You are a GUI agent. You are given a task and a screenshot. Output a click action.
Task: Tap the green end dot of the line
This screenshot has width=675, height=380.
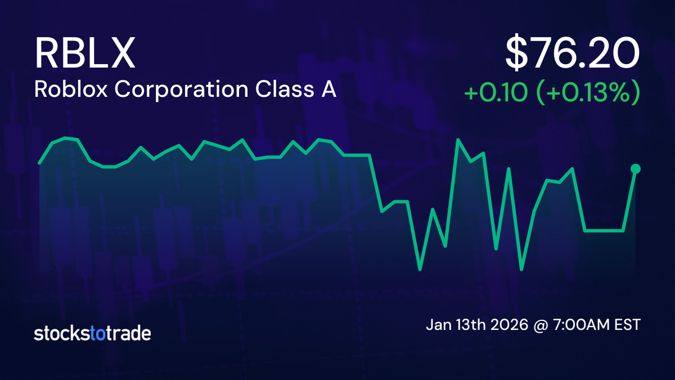point(636,168)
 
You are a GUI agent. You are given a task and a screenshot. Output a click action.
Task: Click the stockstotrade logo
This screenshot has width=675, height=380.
point(92,333)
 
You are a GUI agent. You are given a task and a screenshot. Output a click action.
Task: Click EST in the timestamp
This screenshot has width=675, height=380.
point(627,325)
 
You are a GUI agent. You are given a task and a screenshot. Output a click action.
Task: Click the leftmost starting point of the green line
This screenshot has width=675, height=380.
point(39,163)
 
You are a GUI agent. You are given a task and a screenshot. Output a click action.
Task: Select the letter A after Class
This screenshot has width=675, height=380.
point(328,90)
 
